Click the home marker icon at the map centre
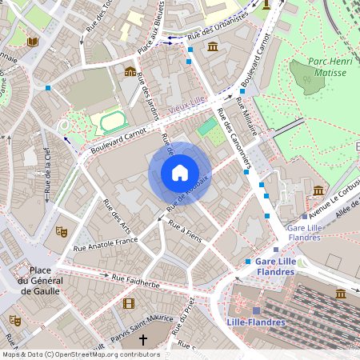point(179,173)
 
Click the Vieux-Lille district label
point(188,98)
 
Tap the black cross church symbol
point(143,340)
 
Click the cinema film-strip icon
point(129,303)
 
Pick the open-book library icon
point(32,42)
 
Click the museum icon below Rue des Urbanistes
point(213,48)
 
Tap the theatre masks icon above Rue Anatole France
point(60,231)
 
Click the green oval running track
point(113,122)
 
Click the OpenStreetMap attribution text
point(80,354)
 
